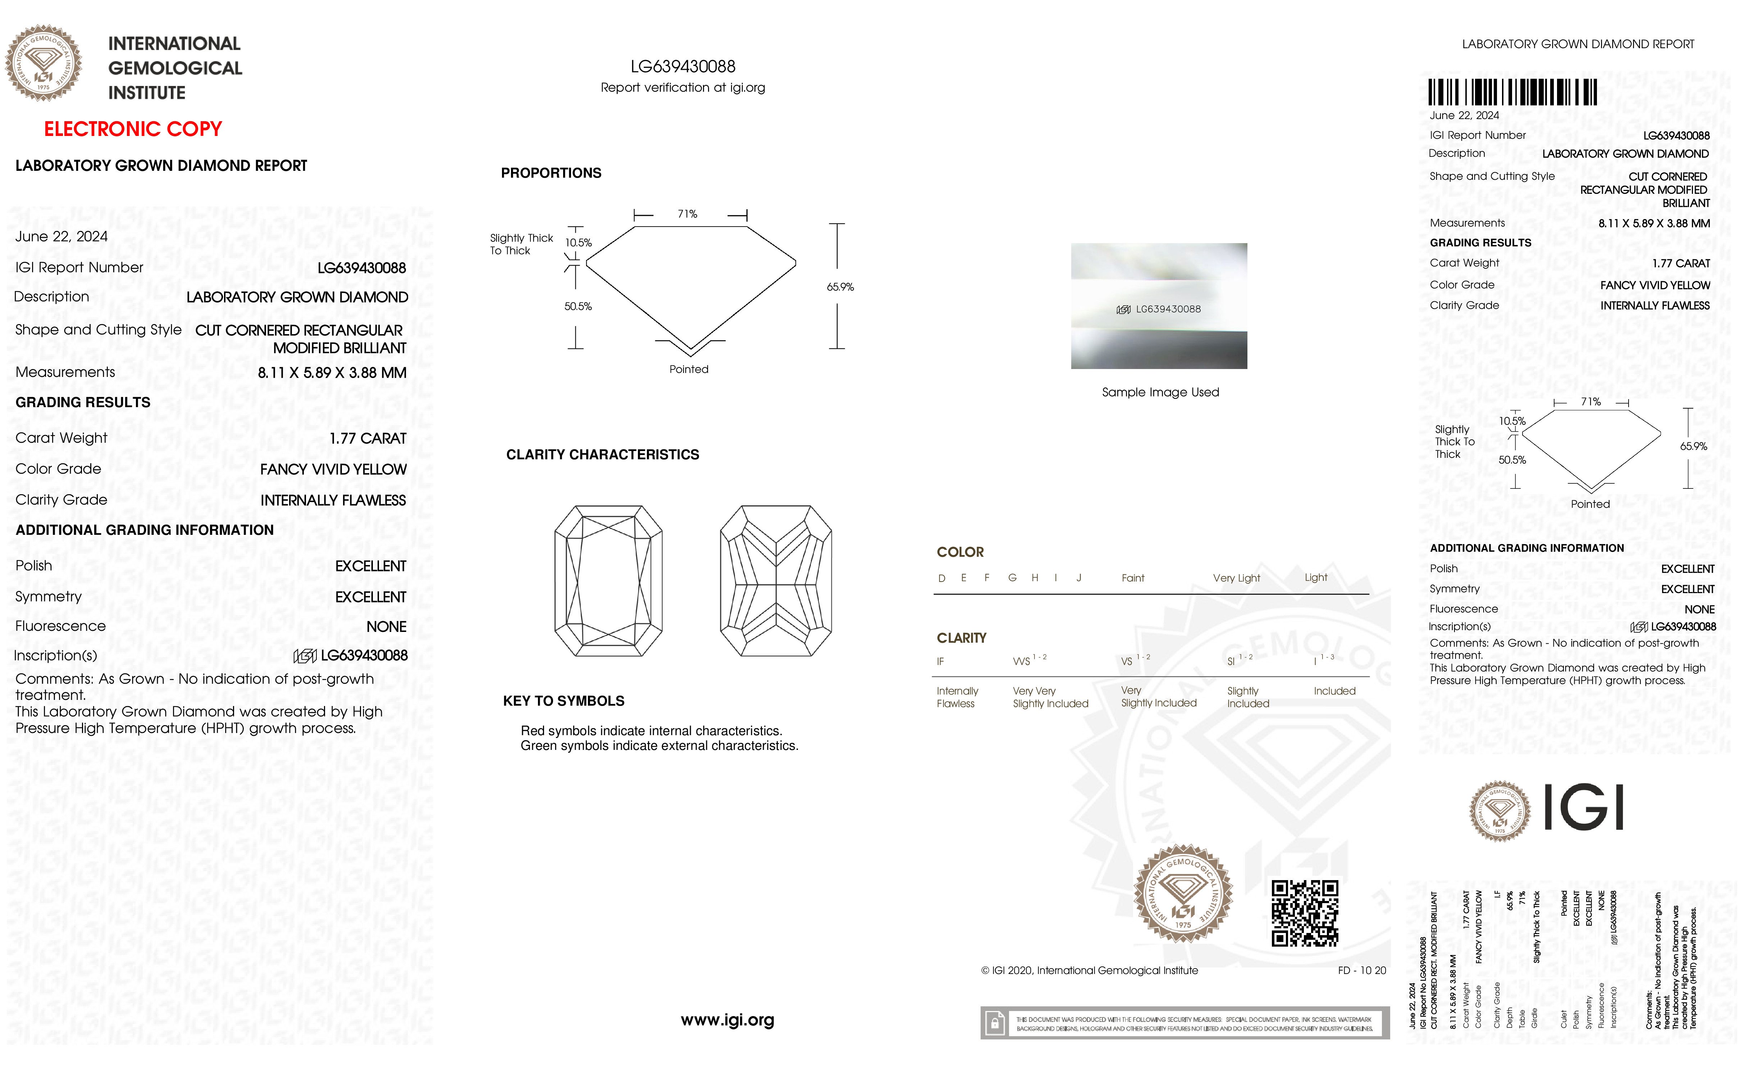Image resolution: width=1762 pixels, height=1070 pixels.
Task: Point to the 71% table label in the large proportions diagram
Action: pyautogui.click(x=687, y=214)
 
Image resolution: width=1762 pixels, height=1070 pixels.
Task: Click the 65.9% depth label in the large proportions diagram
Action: pyautogui.click(x=840, y=287)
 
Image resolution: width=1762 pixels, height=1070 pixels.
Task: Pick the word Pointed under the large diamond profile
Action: pyautogui.click(x=689, y=369)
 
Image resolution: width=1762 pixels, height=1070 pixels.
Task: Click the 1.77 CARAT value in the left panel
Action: pyautogui.click(x=368, y=438)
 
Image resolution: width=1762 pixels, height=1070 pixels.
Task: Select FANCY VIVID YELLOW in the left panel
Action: pyautogui.click(x=333, y=469)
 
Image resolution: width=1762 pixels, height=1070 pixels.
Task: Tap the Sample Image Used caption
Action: pyautogui.click(x=1160, y=392)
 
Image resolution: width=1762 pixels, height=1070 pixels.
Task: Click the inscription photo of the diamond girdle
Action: pyautogui.click(x=1159, y=306)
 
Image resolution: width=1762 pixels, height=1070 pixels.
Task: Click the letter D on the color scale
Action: pyautogui.click(x=942, y=578)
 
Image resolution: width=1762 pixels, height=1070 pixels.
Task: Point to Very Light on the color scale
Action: pyautogui.click(x=1236, y=578)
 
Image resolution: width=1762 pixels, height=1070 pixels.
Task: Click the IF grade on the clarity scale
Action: pyautogui.click(x=940, y=661)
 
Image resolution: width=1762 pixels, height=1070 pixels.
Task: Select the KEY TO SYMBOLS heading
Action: pyautogui.click(x=563, y=701)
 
